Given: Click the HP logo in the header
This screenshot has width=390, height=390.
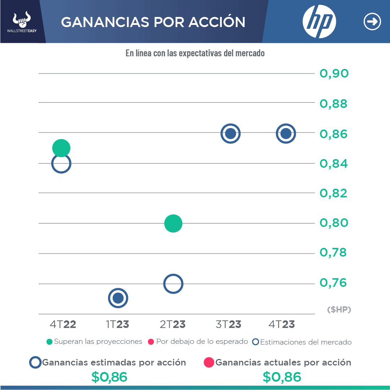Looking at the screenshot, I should point(319,22).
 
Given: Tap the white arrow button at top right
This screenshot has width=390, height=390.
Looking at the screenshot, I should point(372,22).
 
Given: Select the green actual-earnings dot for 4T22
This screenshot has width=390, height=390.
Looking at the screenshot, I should point(61,148).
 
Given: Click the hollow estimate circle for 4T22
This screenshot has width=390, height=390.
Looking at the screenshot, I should point(61,164).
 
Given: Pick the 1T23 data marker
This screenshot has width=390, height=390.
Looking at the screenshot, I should point(118,298).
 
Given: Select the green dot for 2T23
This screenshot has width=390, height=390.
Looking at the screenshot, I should point(173,223).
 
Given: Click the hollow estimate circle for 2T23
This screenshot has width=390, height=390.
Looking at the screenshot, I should point(173,284).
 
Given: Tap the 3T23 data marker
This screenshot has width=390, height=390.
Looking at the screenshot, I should point(230,133).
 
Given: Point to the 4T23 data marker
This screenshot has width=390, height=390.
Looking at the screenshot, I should point(286,133).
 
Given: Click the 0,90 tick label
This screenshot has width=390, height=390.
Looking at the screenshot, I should point(334,74).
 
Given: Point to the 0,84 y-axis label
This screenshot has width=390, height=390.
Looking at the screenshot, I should point(334,164).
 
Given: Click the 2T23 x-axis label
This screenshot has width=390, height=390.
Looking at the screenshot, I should point(173,324).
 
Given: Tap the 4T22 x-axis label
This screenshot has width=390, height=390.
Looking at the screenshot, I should point(63,324).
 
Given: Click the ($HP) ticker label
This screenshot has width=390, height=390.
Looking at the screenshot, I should point(339,310).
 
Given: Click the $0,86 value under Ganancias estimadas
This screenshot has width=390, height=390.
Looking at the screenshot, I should point(109,377).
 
